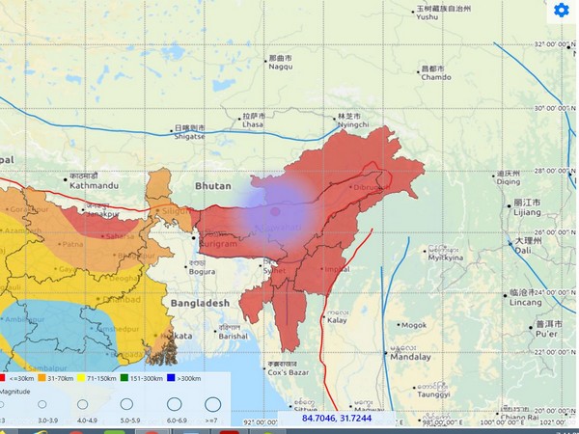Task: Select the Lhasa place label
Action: click(253, 124)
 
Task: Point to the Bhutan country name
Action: click(213, 183)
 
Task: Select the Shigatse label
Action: click(189, 136)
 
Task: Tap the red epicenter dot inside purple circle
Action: click(275, 210)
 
